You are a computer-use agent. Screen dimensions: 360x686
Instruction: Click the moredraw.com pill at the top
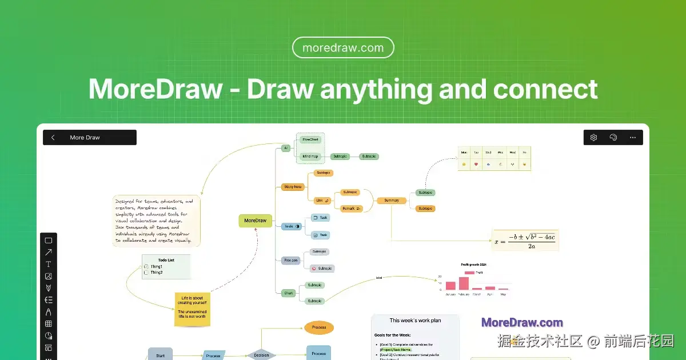tap(343, 48)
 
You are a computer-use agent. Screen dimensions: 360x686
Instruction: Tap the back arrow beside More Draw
tap(53, 138)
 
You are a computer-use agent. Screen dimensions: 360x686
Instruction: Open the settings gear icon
tap(593, 138)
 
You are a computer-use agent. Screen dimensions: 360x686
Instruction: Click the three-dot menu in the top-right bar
tap(632, 138)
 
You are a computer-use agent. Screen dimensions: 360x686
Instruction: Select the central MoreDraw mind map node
tap(255, 221)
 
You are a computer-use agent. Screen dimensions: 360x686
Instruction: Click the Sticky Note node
tap(292, 186)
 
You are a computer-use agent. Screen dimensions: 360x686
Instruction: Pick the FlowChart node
tap(310, 139)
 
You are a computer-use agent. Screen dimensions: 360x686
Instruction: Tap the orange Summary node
tap(392, 201)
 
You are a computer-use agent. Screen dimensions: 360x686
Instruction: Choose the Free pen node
tap(291, 260)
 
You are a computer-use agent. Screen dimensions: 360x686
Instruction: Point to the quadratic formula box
tap(525, 240)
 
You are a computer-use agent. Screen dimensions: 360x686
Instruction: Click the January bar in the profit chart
tap(450, 286)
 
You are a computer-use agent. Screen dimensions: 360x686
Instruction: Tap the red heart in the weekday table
tap(476, 165)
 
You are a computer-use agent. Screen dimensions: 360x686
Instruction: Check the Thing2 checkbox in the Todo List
tap(146, 273)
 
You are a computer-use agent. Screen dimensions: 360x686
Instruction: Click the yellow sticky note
tap(192, 310)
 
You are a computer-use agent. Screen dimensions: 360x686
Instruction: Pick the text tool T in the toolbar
tap(49, 264)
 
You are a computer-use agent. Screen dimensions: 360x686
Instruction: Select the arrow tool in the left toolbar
tap(49, 252)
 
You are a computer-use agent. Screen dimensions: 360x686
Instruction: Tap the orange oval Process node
tap(318, 327)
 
